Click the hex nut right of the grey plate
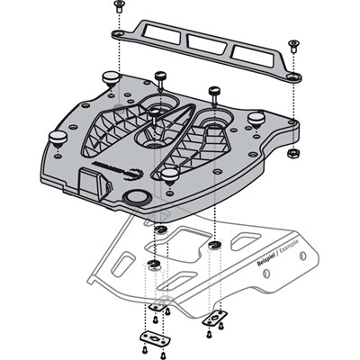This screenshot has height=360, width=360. pos(292,155)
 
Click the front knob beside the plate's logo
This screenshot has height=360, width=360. pos(168,172)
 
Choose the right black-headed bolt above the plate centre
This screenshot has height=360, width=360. pos(215,91)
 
